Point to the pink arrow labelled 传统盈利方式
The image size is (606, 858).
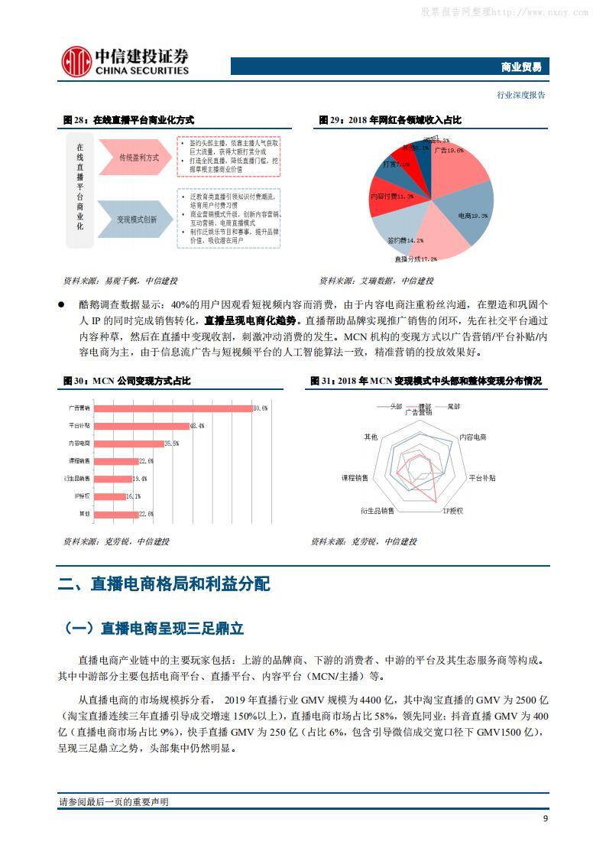point(138,158)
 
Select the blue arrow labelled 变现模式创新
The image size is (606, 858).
point(138,219)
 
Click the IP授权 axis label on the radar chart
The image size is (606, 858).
point(452,510)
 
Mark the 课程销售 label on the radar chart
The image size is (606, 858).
point(355,477)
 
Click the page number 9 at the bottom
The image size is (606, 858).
point(545,818)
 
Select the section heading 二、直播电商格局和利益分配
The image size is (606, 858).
point(164,585)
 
